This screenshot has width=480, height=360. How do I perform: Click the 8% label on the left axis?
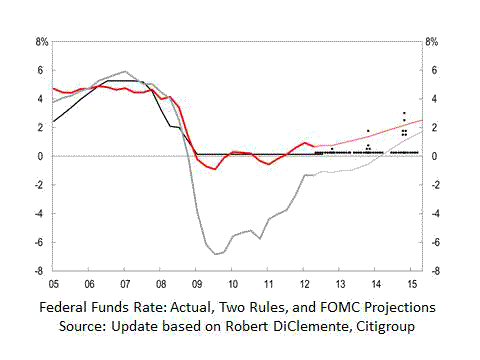[x=41, y=42]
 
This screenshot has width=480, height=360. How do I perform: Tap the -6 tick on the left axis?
[x=41, y=242]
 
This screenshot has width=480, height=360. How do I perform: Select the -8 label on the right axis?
[x=432, y=271]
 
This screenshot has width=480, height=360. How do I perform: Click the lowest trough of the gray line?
[x=216, y=254]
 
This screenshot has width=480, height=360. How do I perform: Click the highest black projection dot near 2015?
[x=404, y=113]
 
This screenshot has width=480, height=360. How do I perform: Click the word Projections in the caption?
[x=402, y=307]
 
